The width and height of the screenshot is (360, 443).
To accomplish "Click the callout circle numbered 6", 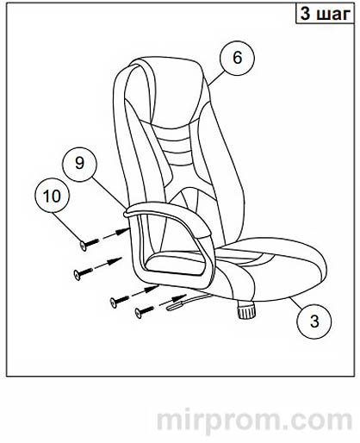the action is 237,58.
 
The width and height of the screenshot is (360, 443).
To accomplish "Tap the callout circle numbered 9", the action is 80,164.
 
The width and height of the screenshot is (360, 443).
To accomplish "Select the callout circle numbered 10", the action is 52,196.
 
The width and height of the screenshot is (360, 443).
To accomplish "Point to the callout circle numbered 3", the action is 314,321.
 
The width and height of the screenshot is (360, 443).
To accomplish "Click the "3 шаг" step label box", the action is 326,14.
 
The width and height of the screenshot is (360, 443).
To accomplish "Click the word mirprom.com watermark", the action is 254,421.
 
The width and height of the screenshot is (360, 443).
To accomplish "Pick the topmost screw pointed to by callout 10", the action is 89,244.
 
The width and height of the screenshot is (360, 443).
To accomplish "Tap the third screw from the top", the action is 120,300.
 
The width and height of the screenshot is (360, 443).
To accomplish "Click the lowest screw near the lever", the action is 145,311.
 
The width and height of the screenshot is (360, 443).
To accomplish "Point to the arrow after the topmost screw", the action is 115,234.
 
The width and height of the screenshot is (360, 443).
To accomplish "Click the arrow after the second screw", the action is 109,263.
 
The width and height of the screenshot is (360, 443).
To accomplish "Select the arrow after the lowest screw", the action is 171,299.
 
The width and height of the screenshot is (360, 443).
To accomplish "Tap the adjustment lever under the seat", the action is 188,302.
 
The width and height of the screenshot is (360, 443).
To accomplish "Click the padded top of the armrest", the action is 170,213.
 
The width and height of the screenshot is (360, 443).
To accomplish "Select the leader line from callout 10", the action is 67,228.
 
